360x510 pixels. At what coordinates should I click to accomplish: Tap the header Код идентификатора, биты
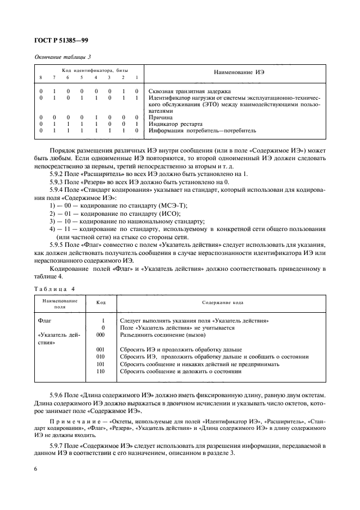click(87, 70)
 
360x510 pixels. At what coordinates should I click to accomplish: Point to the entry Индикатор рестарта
click(175, 124)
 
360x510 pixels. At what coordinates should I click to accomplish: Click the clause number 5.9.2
click(57, 173)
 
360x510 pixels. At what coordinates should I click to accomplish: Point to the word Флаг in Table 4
click(44, 320)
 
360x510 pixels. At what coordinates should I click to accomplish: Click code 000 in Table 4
click(100, 335)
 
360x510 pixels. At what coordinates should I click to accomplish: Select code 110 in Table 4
click(100, 371)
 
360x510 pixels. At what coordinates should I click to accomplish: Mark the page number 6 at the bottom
click(35, 467)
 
